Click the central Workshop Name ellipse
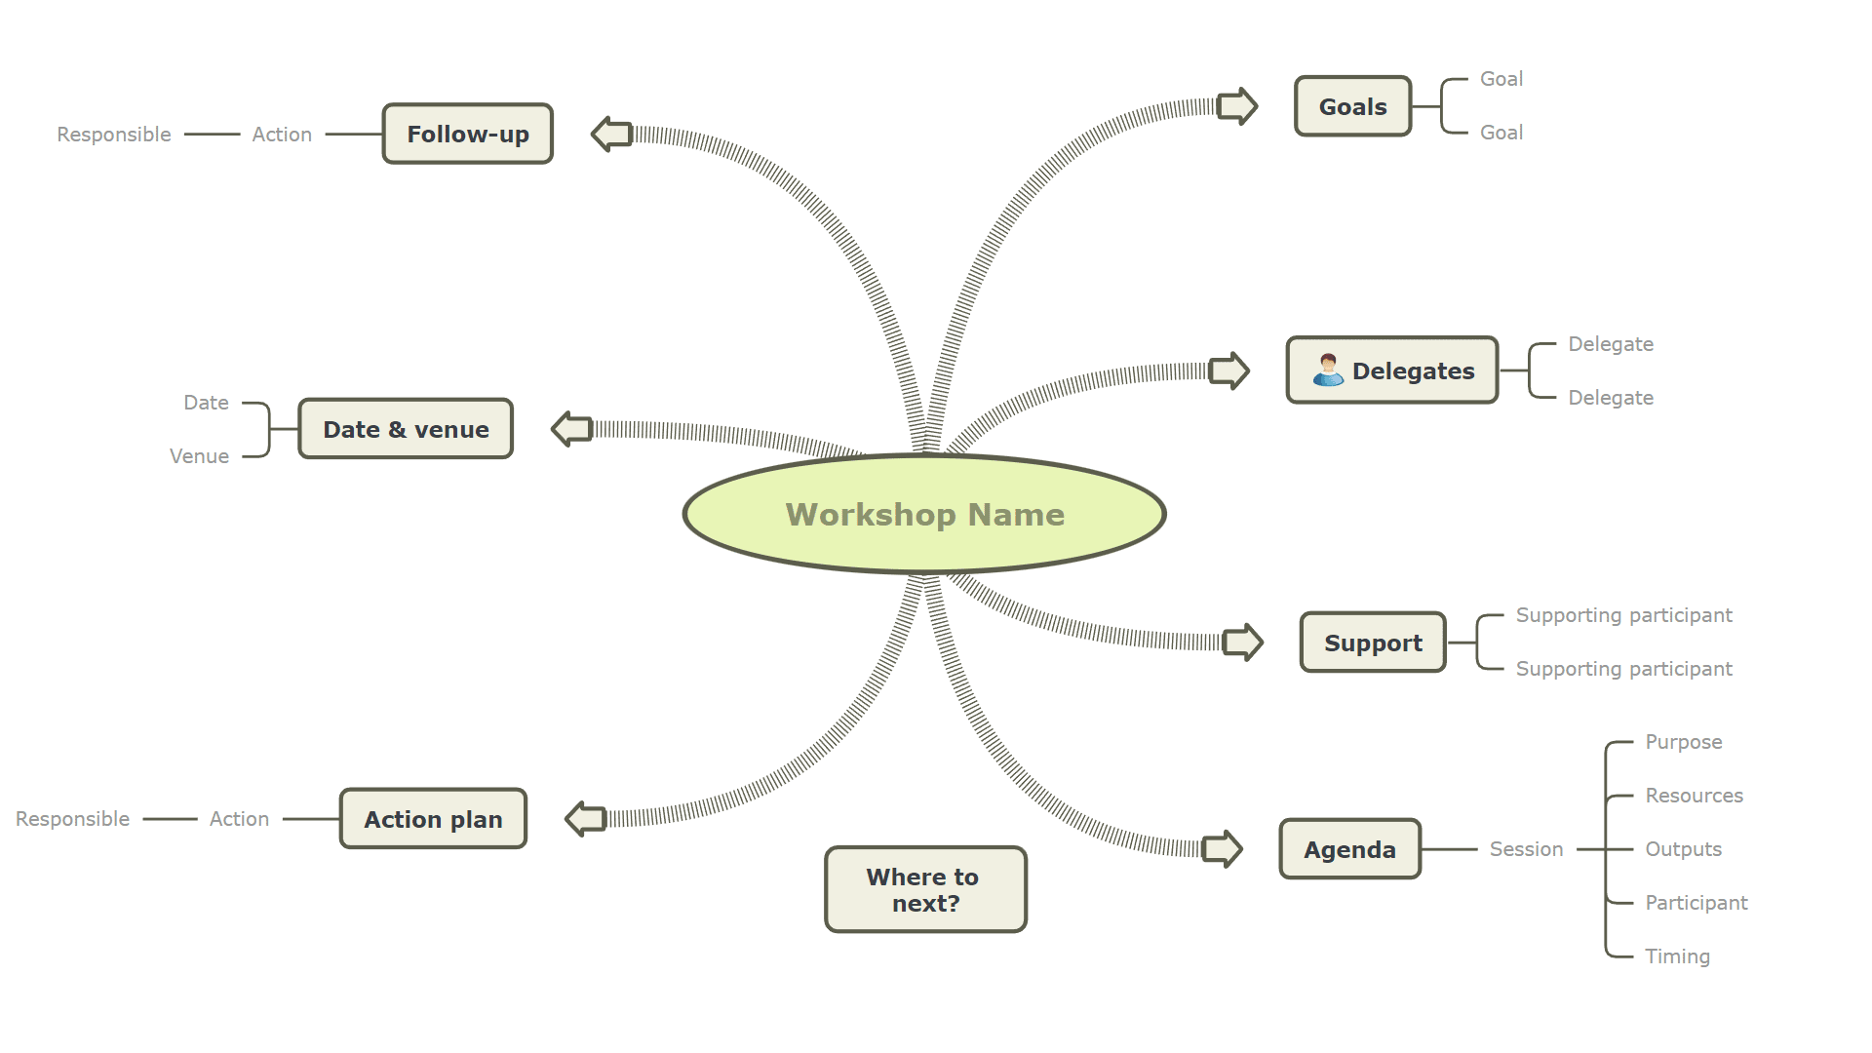(x=924, y=514)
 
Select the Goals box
(x=1352, y=106)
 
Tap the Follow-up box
(x=467, y=134)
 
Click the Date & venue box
(x=406, y=429)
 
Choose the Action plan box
(x=433, y=819)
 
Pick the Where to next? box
(x=925, y=889)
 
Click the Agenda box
(x=1349, y=849)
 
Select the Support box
(x=1373, y=643)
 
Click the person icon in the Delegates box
(x=1328, y=370)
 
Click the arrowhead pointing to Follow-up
(x=611, y=134)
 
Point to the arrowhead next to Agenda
(x=1223, y=849)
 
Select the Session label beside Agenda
(x=1526, y=849)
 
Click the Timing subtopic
(x=1677, y=956)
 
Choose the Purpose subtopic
(x=1683, y=742)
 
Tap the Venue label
(x=199, y=456)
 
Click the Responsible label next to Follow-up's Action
(x=114, y=135)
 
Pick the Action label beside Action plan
(x=239, y=819)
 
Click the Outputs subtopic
(x=1683, y=849)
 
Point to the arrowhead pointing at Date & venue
(x=571, y=429)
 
